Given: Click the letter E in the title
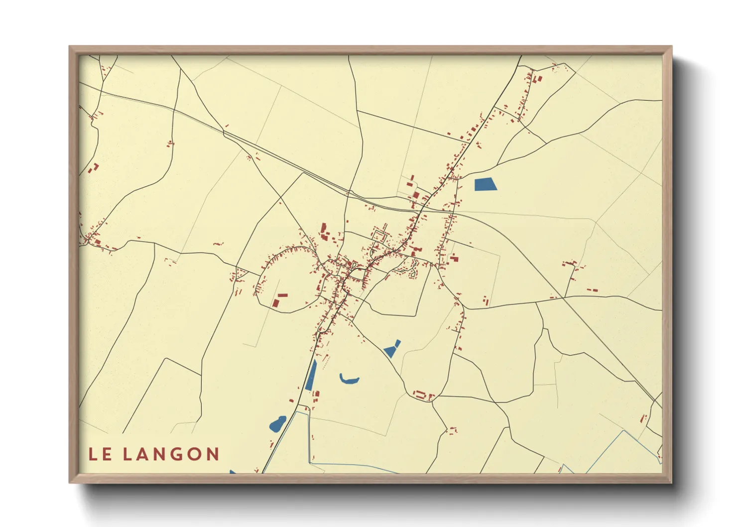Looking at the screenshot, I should point(107,454).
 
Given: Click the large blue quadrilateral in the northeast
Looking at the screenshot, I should point(486,184).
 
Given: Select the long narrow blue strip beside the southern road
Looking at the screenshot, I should point(311,375).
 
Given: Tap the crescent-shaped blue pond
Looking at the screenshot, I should point(349,380).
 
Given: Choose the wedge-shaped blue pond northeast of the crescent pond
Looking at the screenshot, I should point(392,349).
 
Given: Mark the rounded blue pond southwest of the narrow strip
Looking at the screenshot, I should point(277,424).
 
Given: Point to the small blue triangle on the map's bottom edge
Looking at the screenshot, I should point(233,472).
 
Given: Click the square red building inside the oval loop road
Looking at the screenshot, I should point(275,303).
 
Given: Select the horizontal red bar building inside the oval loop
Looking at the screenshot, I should point(282,295).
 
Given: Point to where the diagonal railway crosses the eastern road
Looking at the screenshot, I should point(563,298).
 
